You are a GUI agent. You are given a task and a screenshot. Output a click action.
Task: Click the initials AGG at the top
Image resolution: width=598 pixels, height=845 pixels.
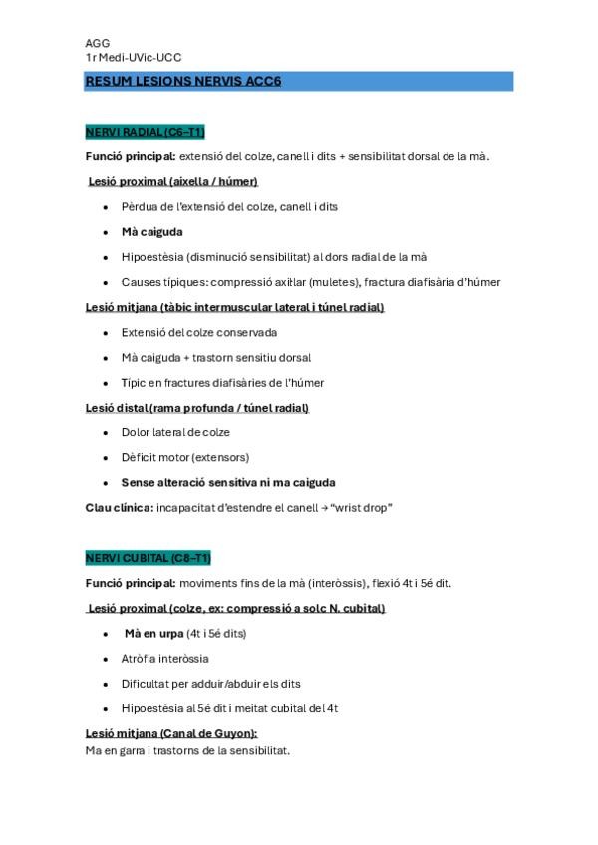click(97, 44)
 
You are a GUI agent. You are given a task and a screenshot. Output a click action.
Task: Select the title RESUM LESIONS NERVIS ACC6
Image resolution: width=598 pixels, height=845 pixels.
click(183, 81)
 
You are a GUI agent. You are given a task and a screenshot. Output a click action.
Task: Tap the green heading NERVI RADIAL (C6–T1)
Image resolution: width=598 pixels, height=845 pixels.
click(145, 132)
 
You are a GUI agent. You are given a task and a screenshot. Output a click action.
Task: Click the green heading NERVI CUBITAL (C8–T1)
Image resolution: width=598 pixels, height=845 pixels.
click(148, 558)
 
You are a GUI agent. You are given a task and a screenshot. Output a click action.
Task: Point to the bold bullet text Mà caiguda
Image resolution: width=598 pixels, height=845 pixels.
click(151, 231)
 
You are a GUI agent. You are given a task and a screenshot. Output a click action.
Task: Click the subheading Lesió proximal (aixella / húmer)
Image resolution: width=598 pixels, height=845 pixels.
click(173, 181)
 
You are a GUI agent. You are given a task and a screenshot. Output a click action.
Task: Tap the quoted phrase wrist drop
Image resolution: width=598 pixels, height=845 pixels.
click(363, 508)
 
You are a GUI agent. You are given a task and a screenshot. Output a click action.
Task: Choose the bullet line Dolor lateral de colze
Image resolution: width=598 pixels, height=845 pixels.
click(175, 432)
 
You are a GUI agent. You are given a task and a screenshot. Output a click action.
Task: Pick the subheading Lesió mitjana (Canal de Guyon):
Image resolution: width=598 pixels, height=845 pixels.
click(171, 733)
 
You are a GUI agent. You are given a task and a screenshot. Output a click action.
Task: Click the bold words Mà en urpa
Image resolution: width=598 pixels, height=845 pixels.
click(154, 633)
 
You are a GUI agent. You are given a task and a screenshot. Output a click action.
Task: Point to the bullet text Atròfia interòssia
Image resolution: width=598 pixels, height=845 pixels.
click(164, 659)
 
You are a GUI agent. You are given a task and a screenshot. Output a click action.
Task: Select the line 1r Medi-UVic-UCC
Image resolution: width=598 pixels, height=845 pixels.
click(134, 58)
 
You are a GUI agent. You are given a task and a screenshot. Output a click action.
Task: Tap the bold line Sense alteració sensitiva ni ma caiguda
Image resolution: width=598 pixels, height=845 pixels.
click(227, 482)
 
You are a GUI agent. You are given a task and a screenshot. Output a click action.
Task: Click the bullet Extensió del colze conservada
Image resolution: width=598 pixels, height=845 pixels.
click(198, 332)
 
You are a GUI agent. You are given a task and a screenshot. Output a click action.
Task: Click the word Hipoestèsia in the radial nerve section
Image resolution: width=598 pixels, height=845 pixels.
click(152, 256)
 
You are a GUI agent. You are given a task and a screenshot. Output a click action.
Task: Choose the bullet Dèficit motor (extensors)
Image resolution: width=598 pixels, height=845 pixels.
click(184, 457)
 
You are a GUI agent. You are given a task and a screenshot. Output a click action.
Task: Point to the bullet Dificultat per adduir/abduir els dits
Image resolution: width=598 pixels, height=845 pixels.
click(210, 684)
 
